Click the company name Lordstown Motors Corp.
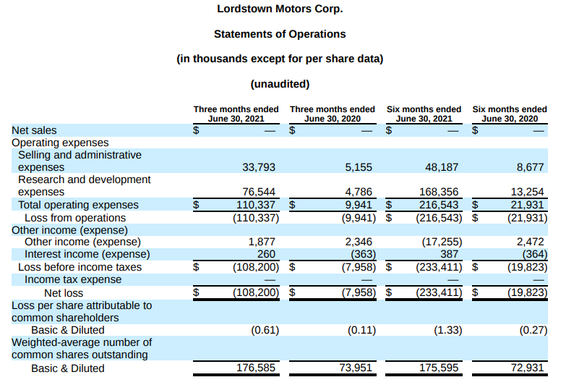[280, 9]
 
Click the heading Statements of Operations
[280, 34]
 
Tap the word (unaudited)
[280, 83]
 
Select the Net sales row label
[34, 131]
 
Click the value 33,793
[259, 167]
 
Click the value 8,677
[530, 167]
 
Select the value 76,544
[259, 192]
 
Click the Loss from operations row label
[75, 218]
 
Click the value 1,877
[262, 242]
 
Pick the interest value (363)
[357, 254]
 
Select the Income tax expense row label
[73, 279]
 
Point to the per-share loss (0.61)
[261, 330]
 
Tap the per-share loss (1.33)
[442, 330]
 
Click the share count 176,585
[256, 368]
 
